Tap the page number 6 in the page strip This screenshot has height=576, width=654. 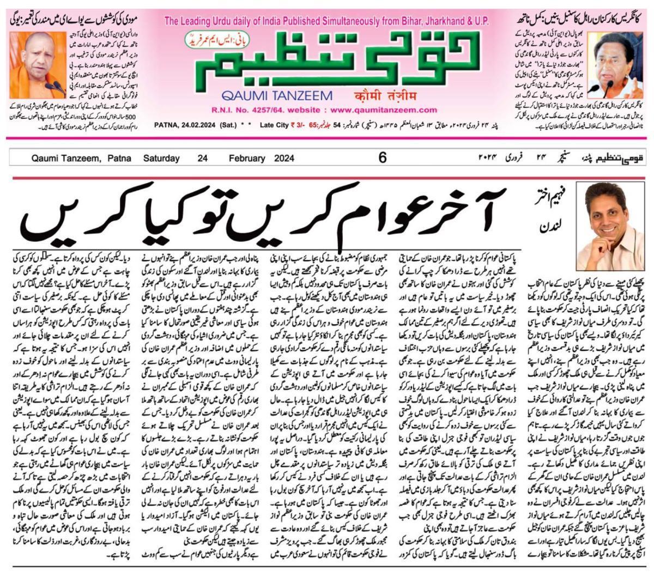tap(382, 158)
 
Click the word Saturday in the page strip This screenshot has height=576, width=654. tap(161, 158)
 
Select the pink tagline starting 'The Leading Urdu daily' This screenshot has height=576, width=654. tap(327, 22)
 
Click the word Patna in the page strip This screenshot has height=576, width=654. tap(119, 158)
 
